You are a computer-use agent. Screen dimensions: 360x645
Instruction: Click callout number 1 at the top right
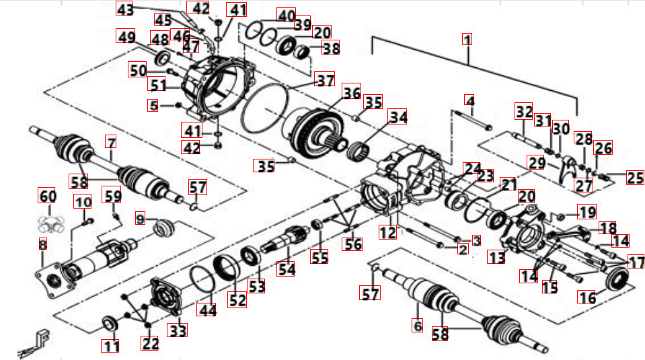[x=467, y=39]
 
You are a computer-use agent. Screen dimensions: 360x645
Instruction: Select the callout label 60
[x=46, y=197]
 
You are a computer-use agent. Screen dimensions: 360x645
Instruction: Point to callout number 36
[x=350, y=92]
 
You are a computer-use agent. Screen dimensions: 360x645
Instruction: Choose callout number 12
[x=387, y=233]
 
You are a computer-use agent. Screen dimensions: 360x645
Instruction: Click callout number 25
[x=634, y=178]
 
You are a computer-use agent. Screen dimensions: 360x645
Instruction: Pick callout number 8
[x=42, y=244]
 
